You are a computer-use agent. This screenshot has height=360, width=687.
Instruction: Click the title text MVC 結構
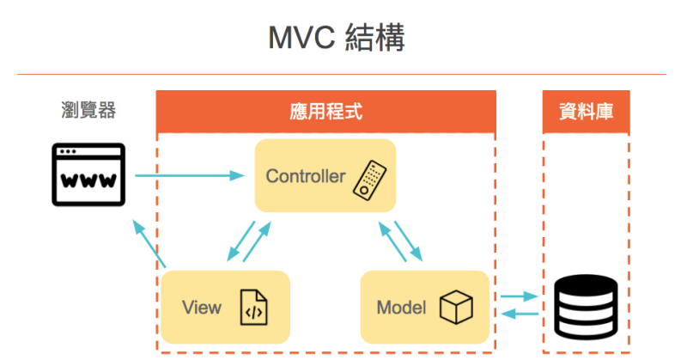(x=343, y=39)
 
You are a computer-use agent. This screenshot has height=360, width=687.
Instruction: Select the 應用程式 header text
(x=325, y=112)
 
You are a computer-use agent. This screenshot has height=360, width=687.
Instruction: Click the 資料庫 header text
(x=586, y=112)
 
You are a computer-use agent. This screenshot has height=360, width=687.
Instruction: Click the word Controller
(x=305, y=177)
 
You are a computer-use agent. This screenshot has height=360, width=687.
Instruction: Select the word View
(x=202, y=308)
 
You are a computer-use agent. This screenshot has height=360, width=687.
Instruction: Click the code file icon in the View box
(x=253, y=308)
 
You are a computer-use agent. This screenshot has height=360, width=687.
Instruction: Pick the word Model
(x=401, y=308)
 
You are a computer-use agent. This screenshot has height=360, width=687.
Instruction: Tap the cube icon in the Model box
(x=456, y=307)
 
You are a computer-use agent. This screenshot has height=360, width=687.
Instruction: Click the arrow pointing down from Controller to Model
(x=409, y=240)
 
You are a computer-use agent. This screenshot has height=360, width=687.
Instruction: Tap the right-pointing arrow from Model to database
(x=520, y=296)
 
